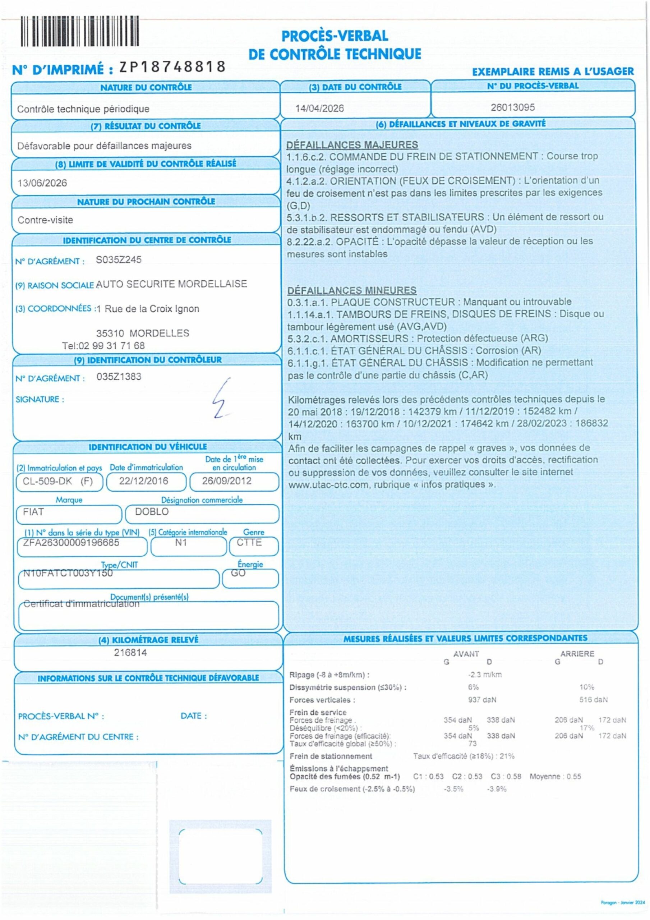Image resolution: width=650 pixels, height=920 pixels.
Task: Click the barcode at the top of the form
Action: [x=80, y=31]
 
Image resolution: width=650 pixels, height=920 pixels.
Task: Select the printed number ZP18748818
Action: [x=173, y=66]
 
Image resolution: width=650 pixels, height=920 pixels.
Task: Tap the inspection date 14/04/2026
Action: [x=319, y=108]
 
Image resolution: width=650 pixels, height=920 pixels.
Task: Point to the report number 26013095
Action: [x=512, y=107]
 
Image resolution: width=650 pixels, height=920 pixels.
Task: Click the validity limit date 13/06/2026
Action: [x=42, y=183]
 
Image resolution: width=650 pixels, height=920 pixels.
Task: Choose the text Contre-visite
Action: [x=45, y=220]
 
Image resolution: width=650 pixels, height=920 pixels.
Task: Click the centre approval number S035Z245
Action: [x=119, y=260]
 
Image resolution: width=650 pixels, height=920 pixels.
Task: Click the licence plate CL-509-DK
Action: [x=47, y=481]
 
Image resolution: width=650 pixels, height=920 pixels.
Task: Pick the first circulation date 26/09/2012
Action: [x=226, y=481]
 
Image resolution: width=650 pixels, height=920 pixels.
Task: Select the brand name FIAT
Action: [x=33, y=512]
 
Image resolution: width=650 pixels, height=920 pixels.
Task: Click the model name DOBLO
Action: [x=152, y=512]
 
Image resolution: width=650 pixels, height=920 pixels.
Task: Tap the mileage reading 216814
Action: [x=130, y=653]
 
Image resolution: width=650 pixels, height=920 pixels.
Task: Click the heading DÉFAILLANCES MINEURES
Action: [x=352, y=290]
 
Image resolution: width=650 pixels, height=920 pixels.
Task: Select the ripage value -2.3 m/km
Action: [x=484, y=675]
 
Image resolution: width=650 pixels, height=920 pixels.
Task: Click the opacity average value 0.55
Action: [x=574, y=777]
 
